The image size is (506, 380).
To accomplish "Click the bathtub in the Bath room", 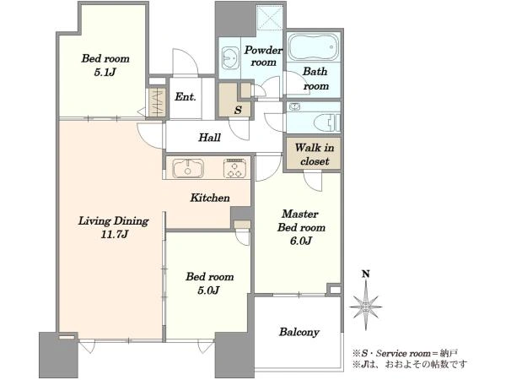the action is [x=314, y=46].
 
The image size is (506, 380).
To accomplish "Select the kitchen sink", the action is [x=188, y=168].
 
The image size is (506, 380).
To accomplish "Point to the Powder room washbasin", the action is [x=230, y=57].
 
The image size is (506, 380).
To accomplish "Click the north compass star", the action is [x=366, y=306].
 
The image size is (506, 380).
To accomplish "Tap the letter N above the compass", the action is [x=366, y=274].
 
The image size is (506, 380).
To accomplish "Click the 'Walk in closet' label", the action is [x=315, y=155].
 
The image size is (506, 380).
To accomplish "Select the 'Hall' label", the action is [x=209, y=138].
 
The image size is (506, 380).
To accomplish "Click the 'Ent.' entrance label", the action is [x=186, y=96].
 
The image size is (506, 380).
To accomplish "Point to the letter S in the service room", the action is [x=238, y=110].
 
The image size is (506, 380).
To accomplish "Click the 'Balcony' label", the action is [x=299, y=332].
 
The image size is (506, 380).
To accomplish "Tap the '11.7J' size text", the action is [x=114, y=234].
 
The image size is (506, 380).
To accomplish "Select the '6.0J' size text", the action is [x=301, y=241].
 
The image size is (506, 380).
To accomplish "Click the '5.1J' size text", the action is [x=105, y=72].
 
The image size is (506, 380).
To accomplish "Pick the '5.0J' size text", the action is [x=209, y=290].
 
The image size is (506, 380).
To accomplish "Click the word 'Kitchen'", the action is [x=210, y=198].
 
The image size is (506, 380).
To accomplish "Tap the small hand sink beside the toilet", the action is [x=294, y=106].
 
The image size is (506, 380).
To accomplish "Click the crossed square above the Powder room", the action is [x=270, y=17].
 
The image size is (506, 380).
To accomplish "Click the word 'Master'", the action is [x=300, y=214].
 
